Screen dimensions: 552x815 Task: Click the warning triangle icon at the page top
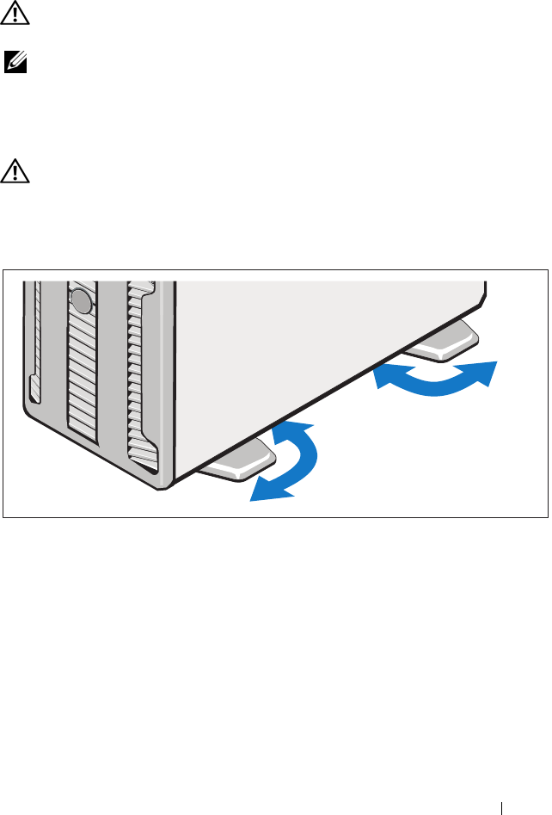(14, 12)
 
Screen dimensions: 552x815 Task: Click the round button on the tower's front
(81, 300)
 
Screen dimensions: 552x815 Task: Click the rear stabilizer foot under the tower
(442, 341)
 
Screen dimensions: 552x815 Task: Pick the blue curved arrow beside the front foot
(289, 461)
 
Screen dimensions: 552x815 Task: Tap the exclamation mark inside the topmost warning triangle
(14, 13)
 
